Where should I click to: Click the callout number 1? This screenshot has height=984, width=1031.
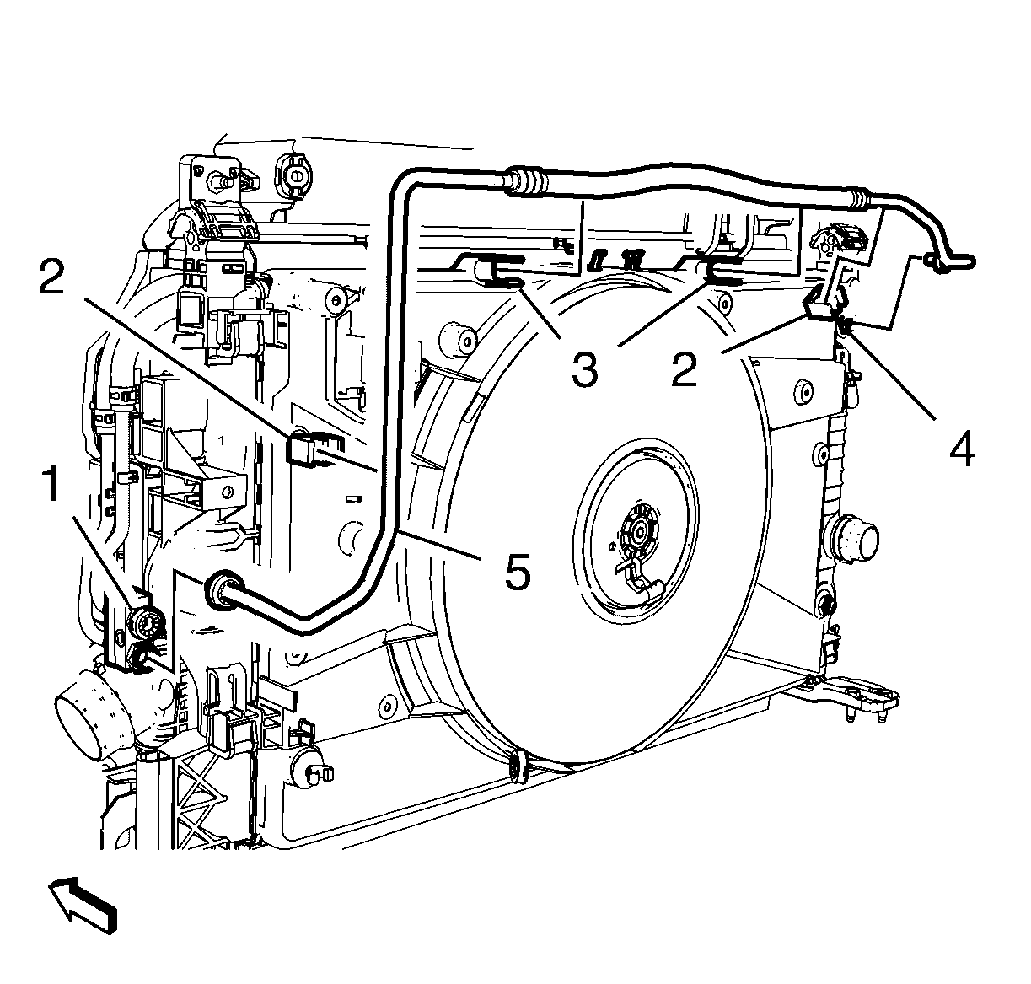tap(51, 486)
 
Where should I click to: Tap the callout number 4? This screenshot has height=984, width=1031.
tap(963, 449)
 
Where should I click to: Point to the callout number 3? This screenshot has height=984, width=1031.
tap(585, 370)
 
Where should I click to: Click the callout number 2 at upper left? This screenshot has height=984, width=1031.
tap(52, 277)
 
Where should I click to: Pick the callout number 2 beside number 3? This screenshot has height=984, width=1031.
tap(685, 370)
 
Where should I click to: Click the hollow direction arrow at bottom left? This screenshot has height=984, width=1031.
tap(83, 912)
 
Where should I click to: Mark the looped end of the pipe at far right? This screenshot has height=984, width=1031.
tap(950, 261)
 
